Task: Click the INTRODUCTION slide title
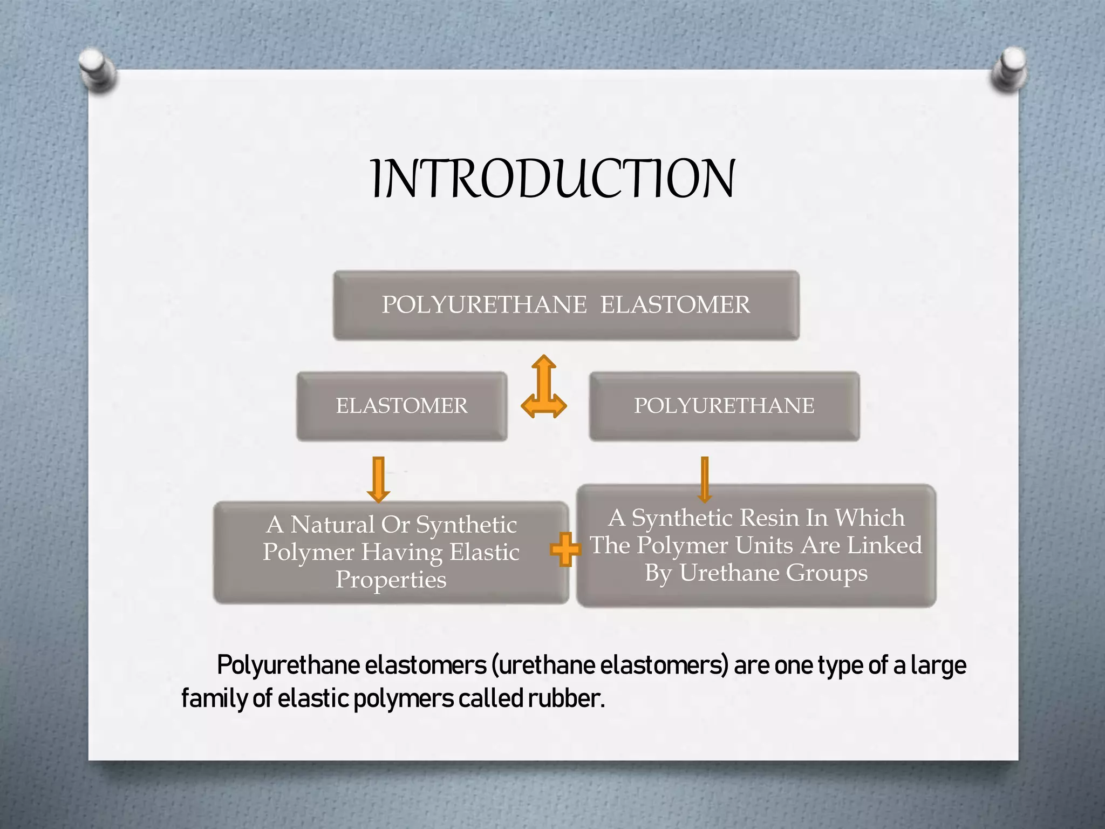point(552,179)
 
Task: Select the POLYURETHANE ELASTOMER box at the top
point(566,305)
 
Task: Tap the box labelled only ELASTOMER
point(401,406)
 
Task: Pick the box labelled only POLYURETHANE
point(724,406)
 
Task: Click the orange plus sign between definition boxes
point(565,549)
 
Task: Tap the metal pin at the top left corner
point(97,69)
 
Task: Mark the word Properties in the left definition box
point(391,580)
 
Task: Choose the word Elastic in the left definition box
point(485,552)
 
